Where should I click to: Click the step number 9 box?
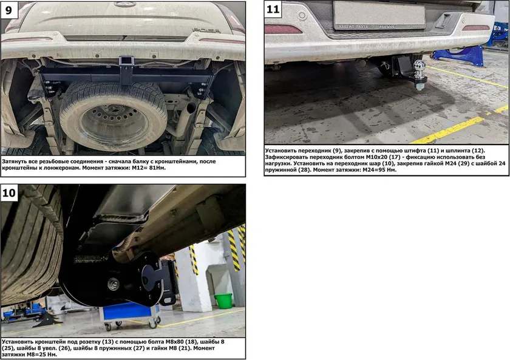point(9,10)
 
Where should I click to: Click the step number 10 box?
point(9,193)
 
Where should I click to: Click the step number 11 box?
point(273,9)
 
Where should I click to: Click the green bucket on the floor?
point(223,301)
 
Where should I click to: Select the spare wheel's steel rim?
point(114,124)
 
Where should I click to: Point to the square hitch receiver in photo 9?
point(124,61)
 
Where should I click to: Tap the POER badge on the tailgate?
point(206,30)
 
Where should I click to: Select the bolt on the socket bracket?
point(114,284)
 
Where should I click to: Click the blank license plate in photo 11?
point(379,15)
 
